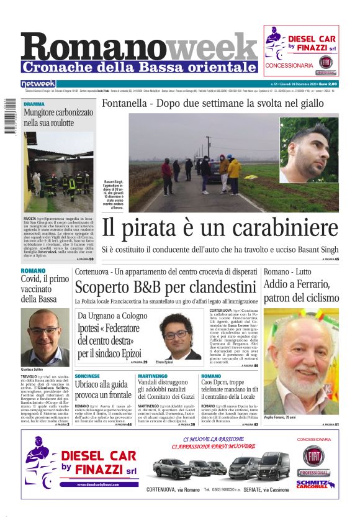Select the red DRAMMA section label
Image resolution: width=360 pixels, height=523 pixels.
coord(35,104)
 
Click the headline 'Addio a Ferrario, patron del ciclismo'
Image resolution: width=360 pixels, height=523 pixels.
coord(301,291)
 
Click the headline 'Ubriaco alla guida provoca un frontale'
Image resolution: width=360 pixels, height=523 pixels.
coord(103,390)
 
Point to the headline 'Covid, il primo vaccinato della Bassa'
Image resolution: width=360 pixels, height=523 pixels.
coord(45,289)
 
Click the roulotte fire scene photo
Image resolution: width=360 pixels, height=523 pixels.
coord(58,172)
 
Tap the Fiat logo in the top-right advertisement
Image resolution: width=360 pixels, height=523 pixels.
coord(325,62)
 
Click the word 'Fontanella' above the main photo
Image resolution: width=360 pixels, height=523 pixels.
coord(125,103)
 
